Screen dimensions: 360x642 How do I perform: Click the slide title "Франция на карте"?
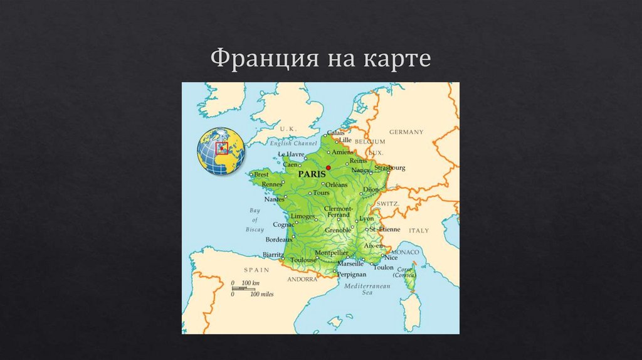[x=320, y=58]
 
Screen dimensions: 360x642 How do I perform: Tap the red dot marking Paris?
[x=328, y=168]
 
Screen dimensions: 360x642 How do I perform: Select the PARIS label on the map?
[x=312, y=173]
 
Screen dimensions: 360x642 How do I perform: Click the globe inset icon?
[x=221, y=150]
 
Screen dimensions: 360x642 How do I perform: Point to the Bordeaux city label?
[x=279, y=240]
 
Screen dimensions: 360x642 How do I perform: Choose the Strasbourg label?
[x=389, y=168]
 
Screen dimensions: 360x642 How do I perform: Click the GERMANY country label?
[x=406, y=132]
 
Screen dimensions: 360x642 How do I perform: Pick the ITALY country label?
[x=419, y=231]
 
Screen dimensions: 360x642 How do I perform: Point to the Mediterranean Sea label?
[x=367, y=289]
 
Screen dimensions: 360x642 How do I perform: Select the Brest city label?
[x=261, y=174]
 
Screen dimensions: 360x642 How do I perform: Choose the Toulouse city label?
[x=303, y=259]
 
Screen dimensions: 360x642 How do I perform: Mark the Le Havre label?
[x=290, y=154]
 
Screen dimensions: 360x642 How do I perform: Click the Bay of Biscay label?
[x=255, y=220]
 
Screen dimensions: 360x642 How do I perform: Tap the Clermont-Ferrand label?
[x=339, y=211]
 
